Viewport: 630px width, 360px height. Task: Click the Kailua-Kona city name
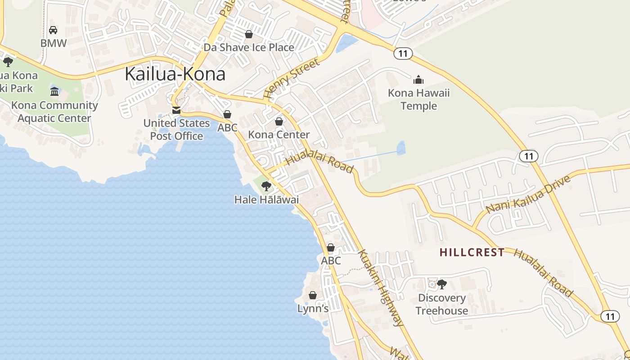point(175,74)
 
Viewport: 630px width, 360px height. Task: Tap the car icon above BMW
point(53,30)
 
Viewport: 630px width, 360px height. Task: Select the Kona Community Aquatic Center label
point(54,112)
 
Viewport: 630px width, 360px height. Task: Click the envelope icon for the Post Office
point(176,110)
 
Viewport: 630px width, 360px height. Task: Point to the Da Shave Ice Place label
point(249,47)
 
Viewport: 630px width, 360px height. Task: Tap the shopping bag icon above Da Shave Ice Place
point(249,34)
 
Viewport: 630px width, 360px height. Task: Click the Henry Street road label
point(292,78)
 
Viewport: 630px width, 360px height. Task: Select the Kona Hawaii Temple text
point(418,99)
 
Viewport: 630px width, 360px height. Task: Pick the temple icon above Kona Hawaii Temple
point(418,80)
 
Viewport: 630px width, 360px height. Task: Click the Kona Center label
point(279,135)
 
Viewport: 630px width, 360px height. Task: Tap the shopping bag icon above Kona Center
point(279,121)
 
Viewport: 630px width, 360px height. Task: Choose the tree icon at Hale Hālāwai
point(266,186)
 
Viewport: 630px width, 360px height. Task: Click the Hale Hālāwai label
point(266,199)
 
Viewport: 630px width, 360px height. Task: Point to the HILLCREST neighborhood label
point(472,252)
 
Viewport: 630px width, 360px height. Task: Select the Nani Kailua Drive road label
point(528,194)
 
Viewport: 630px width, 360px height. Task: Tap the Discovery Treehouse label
point(441,304)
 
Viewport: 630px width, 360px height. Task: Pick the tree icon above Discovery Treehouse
point(441,284)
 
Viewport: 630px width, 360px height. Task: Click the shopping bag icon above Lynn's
point(313,295)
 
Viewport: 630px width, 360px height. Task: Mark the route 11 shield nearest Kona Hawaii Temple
point(403,54)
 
